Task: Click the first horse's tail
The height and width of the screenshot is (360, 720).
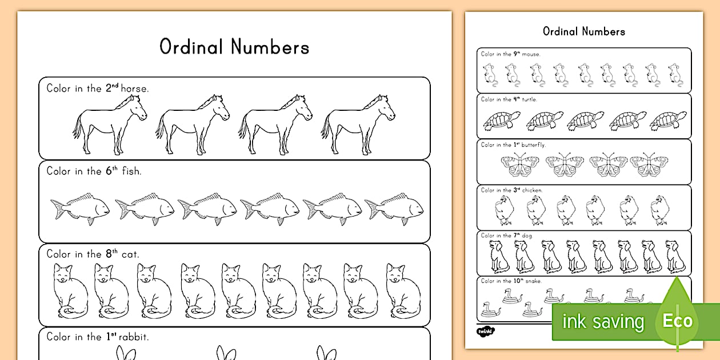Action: [x=77, y=127]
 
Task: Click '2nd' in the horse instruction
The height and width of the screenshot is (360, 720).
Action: [x=111, y=87]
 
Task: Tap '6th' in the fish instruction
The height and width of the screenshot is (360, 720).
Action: [x=111, y=170]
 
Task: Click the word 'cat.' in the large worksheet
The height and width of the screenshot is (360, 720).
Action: [x=130, y=254]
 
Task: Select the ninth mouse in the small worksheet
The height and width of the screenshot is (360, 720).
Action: [x=675, y=75]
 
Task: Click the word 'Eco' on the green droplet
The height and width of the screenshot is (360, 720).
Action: [x=678, y=321]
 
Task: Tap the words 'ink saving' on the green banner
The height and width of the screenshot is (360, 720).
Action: [x=603, y=322]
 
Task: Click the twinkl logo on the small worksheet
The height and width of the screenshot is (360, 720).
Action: [x=485, y=330]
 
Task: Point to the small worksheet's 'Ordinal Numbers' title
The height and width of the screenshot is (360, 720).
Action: [x=583, y=31]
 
